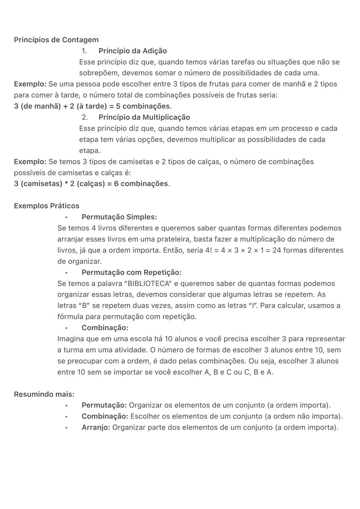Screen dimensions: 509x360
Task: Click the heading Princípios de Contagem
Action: coord(56,40)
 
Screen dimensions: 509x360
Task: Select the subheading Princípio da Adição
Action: coord(132,51)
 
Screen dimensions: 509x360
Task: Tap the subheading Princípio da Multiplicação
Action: coord(144,117)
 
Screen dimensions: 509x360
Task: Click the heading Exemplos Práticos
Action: coord(47,206)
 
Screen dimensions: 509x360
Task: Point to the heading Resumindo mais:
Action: coord(44,394)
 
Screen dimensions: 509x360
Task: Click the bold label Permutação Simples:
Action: coord(119,217)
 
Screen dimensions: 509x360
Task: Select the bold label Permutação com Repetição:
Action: coord(131,272)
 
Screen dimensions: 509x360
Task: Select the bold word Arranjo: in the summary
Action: coord(96,427)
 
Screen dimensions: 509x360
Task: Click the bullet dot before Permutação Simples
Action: coord(66,217)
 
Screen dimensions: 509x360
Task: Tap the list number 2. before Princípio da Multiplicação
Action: coord(85,117)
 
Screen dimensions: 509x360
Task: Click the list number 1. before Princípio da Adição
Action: coord(84,51)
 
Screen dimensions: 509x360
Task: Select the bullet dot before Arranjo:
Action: coord(66,428)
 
